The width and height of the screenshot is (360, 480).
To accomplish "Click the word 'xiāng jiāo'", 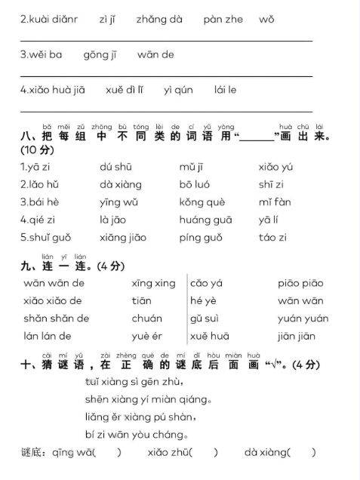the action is click(x=122, y=237).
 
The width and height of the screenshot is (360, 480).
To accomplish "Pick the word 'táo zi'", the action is click(x=272, y=237).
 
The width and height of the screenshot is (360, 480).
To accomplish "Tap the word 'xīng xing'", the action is click(x=153, y=283).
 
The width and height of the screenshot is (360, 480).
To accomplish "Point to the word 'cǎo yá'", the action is click(x=206, y=283).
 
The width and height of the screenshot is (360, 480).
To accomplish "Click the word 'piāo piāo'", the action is click(x=300, y=283).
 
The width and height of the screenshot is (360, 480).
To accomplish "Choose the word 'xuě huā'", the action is click(x=210, y=336).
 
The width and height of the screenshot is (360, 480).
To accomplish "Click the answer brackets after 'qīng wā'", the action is click(x=107, y=452).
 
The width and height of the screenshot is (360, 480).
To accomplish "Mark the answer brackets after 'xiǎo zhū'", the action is click(x=204, y=452).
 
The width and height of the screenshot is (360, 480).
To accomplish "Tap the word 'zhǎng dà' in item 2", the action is click(x=159, y=20).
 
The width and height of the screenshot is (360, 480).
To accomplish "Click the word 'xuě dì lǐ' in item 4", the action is click(x=125, y=90).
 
